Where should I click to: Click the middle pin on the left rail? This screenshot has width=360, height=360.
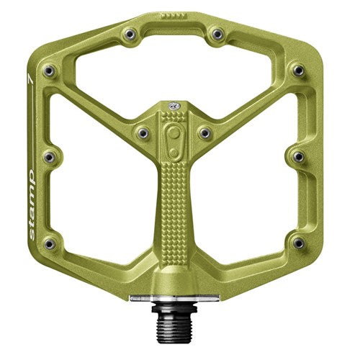point(49,156)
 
